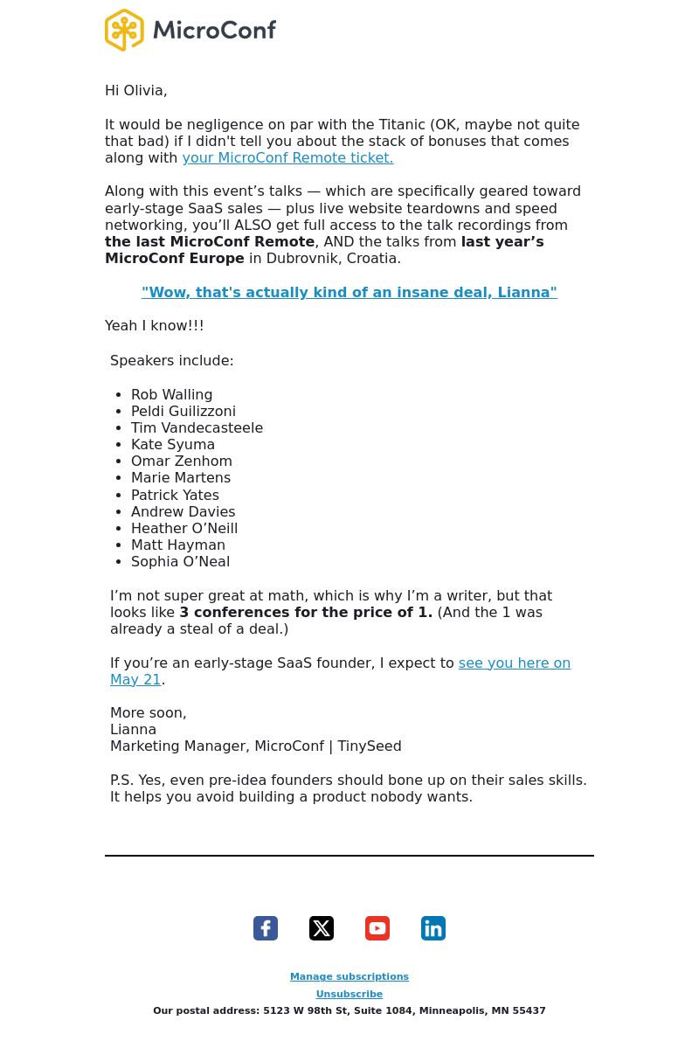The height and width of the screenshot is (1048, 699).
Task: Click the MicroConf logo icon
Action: tap(124, 31)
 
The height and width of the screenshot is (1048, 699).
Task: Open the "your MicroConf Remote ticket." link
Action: tap(287, 158)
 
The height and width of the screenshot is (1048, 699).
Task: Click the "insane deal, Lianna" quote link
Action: tap(349, 293)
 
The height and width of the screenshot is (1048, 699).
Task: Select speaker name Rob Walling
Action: tap(171, 395)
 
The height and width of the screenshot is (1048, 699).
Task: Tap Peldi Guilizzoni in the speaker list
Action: tap(183, 412)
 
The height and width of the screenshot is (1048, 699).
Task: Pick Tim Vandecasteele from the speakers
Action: tap(197, 428)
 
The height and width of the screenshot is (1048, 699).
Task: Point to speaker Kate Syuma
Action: tap(172, 445)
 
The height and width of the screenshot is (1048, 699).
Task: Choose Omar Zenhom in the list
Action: tap(181, 462)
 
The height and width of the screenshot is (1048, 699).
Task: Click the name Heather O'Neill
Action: tap(183, 529)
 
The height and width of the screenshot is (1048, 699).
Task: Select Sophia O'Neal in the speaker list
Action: tap(180, 562)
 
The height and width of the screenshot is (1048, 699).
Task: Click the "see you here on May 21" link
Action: tap(514, 663)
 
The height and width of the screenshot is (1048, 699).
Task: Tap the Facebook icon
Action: tap(266, 928)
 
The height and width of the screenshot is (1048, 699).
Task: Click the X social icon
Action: tap(322, 928)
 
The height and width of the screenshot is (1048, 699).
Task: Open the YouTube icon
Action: tap(377, 928)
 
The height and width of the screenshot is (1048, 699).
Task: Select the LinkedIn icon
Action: tap(433, 928)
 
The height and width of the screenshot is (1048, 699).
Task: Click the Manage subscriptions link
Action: tap(349, 977)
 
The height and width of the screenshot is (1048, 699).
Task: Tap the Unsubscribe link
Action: tap(349, 995)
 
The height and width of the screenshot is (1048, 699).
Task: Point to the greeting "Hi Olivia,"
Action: tap(135, 91)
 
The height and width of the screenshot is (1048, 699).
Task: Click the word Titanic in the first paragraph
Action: tap(401, 125)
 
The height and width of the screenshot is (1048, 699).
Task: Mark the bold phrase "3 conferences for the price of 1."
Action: tap(306, 613)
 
